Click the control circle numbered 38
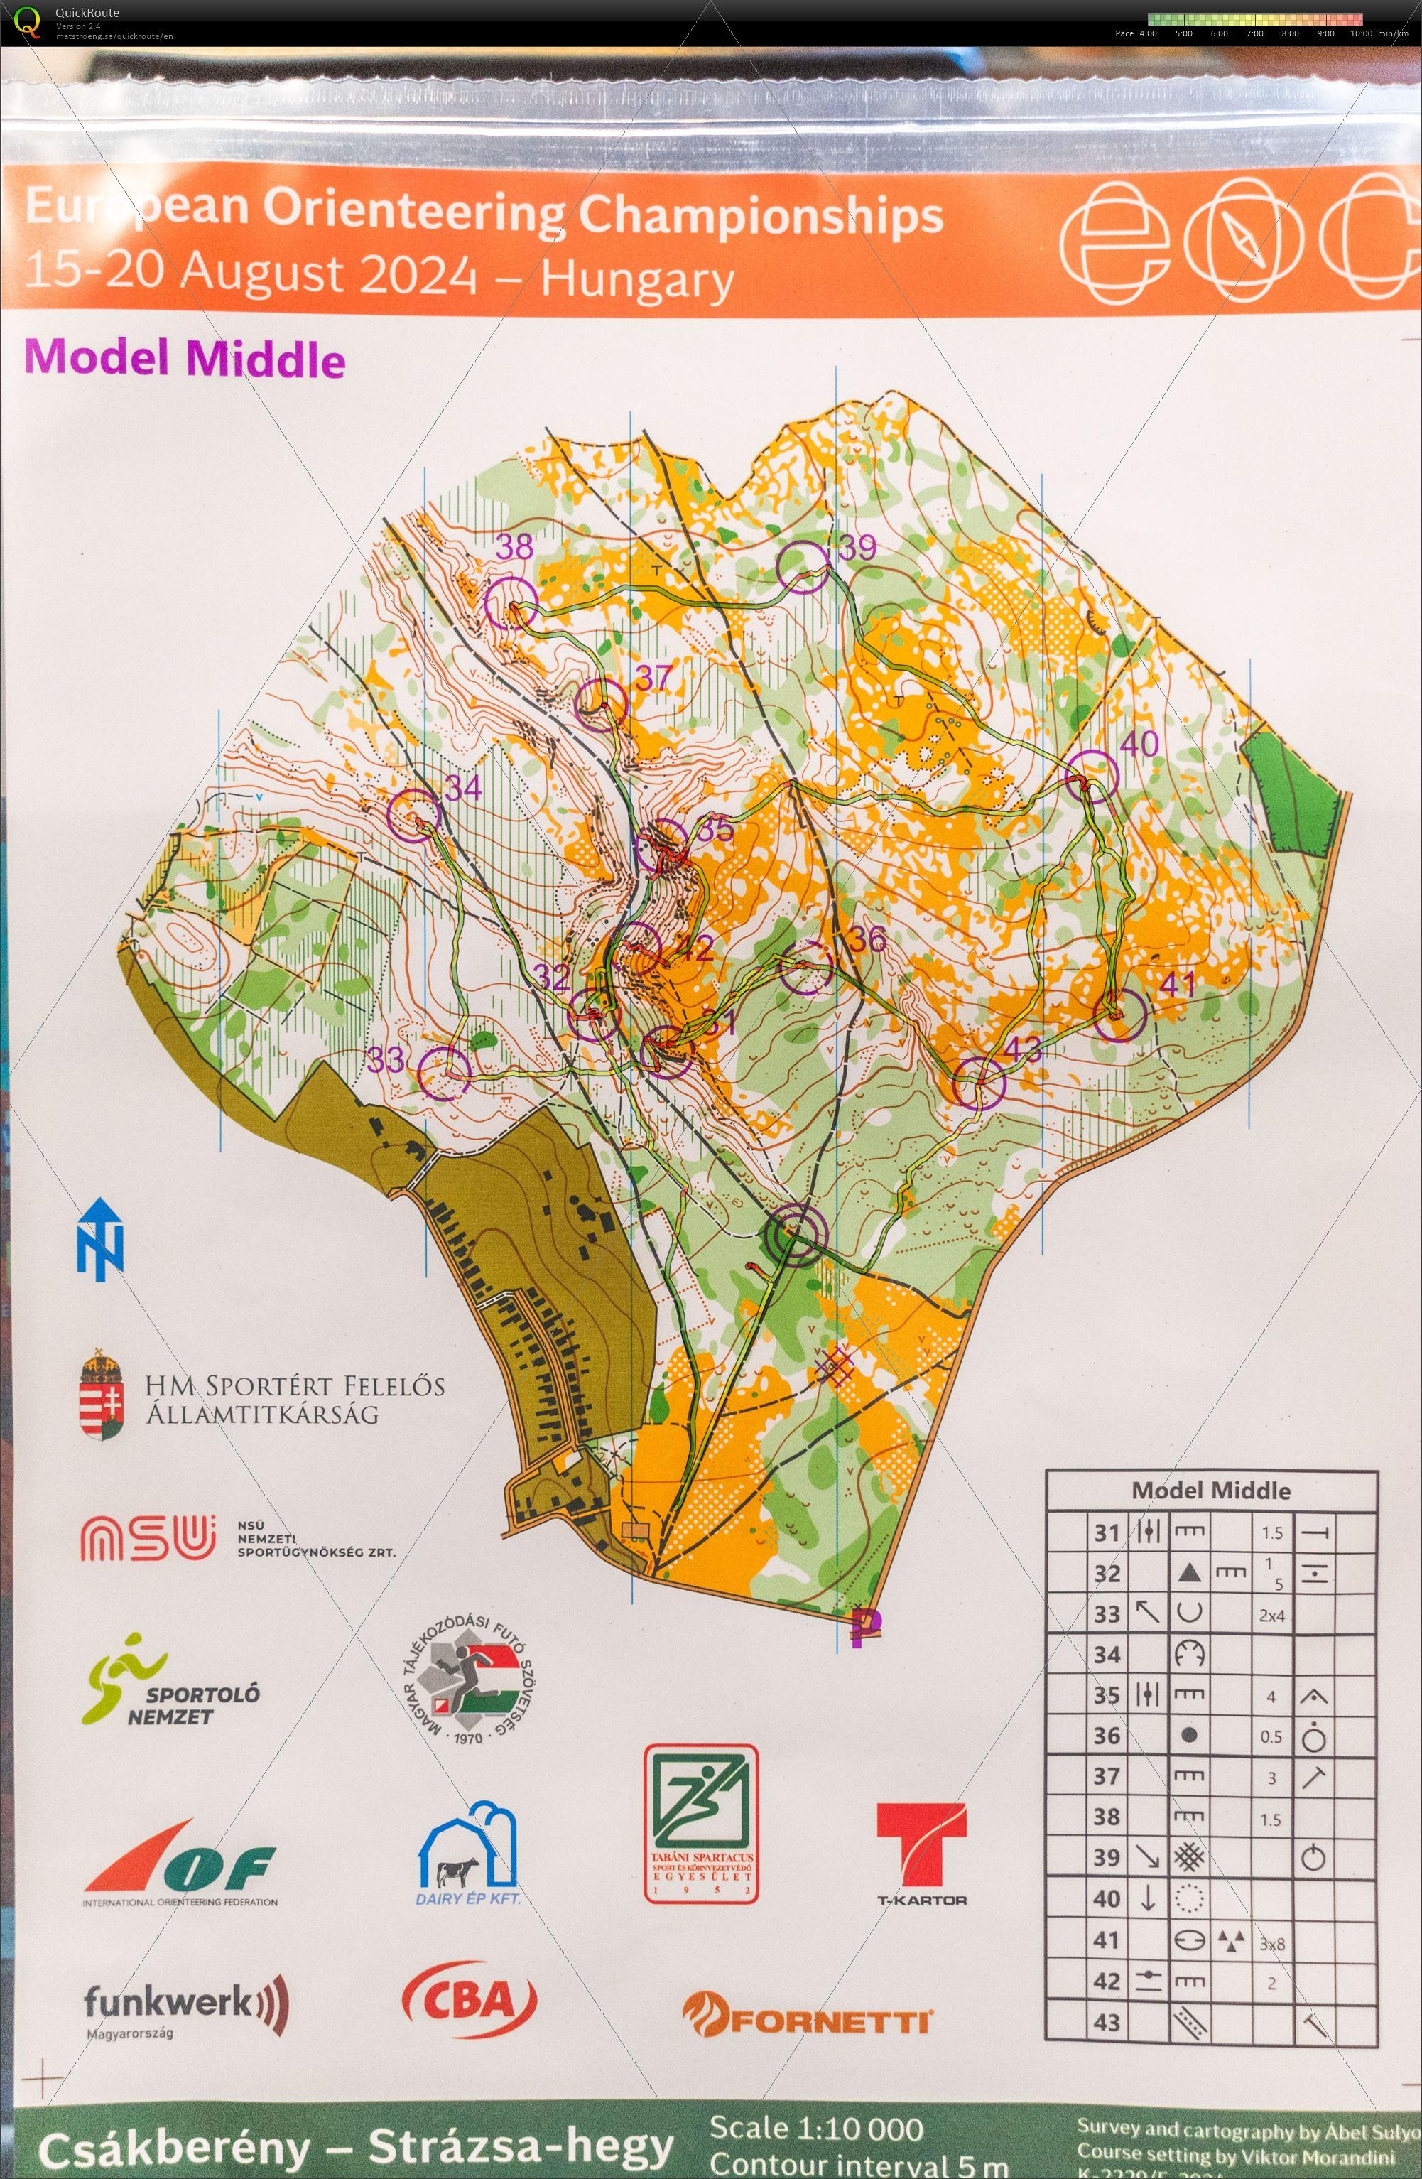click(510, 602)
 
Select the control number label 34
click(463, 787)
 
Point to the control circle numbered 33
click(444, 1072)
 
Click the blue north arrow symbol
click(99, 1240)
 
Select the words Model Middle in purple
click(185, 359)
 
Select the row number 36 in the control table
click(1107, 1736)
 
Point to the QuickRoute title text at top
click(87, 13)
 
